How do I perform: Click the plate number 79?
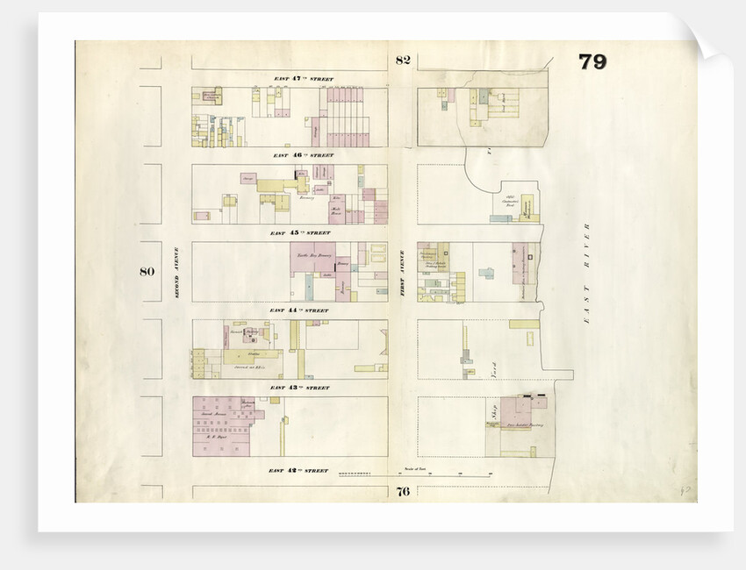click(592, 62)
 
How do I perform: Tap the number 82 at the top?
click(403, 61)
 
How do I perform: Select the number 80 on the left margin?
click(147, 271)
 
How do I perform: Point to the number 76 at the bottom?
click(403, 491)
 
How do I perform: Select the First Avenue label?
click(401, 271)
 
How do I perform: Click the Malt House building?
click(335, 210)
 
